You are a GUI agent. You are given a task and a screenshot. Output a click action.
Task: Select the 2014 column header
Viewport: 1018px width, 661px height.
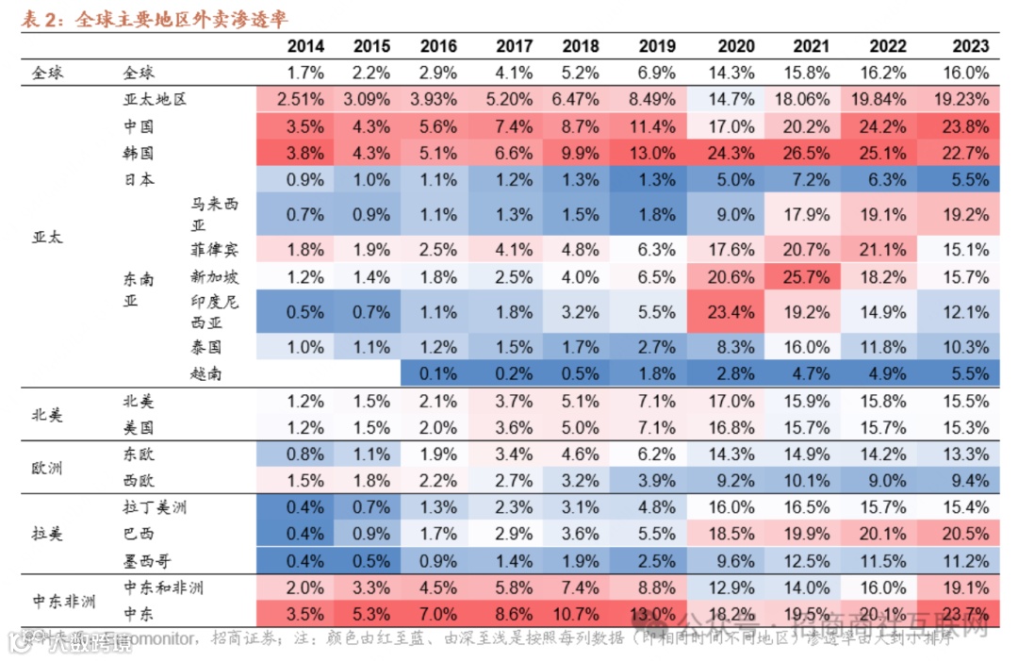(x=305, y=46)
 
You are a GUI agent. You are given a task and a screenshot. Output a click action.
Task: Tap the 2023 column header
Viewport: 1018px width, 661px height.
(x=970, y=46)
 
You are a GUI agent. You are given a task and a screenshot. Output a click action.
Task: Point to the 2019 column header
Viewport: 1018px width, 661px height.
(x=656, y=46)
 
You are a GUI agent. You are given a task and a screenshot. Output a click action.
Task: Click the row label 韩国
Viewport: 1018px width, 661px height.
(x=138, y=153)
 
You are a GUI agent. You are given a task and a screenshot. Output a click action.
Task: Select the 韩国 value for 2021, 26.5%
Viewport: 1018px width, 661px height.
(x=811, y=153)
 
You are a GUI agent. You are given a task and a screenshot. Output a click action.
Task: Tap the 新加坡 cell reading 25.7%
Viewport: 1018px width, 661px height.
(x=811, y=277)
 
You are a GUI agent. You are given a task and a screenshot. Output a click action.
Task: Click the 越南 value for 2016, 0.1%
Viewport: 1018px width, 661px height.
(x=438, y=373)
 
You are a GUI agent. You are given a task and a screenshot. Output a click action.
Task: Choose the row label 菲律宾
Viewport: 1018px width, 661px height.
(x=213, y=250)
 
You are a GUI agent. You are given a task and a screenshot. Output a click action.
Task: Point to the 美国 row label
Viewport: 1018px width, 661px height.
(x=138, y=427)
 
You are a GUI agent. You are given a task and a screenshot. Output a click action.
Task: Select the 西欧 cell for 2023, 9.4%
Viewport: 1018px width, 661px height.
(x=970, y=480)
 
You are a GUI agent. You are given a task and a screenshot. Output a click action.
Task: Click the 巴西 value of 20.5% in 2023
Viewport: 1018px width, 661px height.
(x=970, y=534)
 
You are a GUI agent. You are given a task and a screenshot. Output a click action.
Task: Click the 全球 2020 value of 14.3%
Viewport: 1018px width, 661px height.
(x=734, y=73)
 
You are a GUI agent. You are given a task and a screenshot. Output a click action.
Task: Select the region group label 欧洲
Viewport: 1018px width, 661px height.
(x=47, y=468)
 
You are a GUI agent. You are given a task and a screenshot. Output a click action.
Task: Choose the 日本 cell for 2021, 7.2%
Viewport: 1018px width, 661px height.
(x=811, y=179)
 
